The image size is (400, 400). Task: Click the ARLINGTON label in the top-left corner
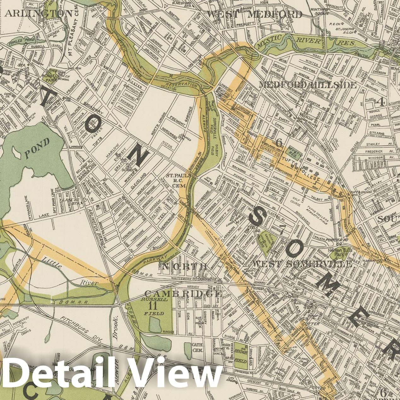(x=39, y=13)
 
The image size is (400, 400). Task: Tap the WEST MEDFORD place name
(x=254, y=14)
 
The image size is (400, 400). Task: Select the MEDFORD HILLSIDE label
(x=308, y=85)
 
